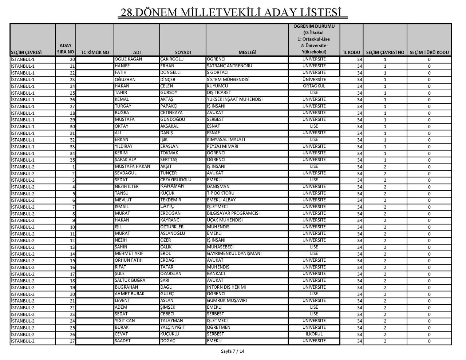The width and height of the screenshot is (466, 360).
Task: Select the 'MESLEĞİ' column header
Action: (x=247, y=52)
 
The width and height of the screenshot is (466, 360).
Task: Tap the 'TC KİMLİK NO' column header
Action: (x=95, y=52)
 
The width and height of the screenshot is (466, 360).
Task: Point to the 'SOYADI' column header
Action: (x=183, y=52)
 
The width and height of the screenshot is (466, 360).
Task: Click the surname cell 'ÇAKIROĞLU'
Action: (x=172, y=59)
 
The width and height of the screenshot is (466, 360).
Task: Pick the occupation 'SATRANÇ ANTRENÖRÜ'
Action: (x=229, y=66)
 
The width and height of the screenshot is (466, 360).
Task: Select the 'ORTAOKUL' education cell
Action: (x=314, y=86)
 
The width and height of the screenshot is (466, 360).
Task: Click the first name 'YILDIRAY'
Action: (x=124, y=146)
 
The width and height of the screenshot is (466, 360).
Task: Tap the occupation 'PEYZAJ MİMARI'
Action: (x=222, y=146)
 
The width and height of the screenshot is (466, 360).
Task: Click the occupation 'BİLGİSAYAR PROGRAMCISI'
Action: (x=233, y=213)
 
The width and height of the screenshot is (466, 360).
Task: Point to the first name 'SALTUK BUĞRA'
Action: (x=130, y=280)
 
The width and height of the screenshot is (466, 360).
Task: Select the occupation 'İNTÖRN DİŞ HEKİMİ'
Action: (x=226, y=287)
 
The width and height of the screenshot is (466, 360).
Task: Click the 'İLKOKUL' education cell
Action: (x=314, y=334)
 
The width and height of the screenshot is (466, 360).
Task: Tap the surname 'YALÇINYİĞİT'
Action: (x=173, y=327)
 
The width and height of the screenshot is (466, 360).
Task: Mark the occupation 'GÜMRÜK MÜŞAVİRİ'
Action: (x=227, y=301)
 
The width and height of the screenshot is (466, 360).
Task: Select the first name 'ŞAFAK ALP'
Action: (x=126, y=160)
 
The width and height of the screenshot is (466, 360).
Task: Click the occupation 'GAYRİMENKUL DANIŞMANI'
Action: (x=234, y=254)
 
